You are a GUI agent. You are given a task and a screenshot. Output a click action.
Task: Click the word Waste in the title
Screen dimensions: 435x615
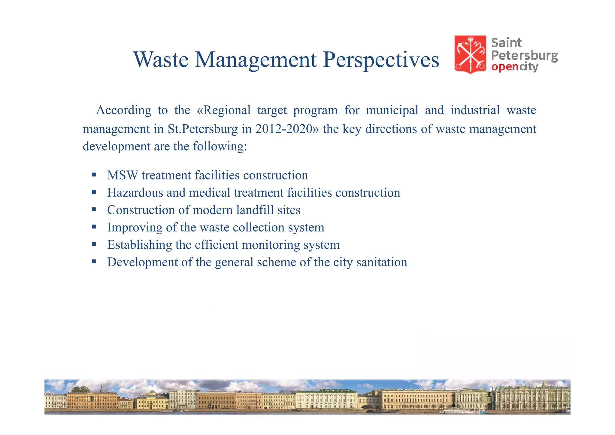point(161,60)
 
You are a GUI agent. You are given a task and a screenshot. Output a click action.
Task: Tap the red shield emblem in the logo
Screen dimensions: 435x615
point(470,54)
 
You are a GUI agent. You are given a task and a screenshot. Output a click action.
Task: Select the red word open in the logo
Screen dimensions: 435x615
point(505,67)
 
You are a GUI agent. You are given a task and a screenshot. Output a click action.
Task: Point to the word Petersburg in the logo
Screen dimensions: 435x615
point(524,56)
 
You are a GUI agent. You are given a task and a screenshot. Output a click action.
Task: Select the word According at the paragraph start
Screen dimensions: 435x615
point(123,110)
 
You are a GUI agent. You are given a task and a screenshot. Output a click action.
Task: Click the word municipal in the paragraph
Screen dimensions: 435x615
point(392,110)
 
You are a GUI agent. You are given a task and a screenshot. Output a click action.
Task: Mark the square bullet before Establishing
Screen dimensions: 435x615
point(94,244)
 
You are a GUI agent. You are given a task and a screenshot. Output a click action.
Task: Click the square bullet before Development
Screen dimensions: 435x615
point(94,262)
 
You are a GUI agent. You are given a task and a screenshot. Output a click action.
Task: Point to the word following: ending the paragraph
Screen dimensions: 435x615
point(220,146)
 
